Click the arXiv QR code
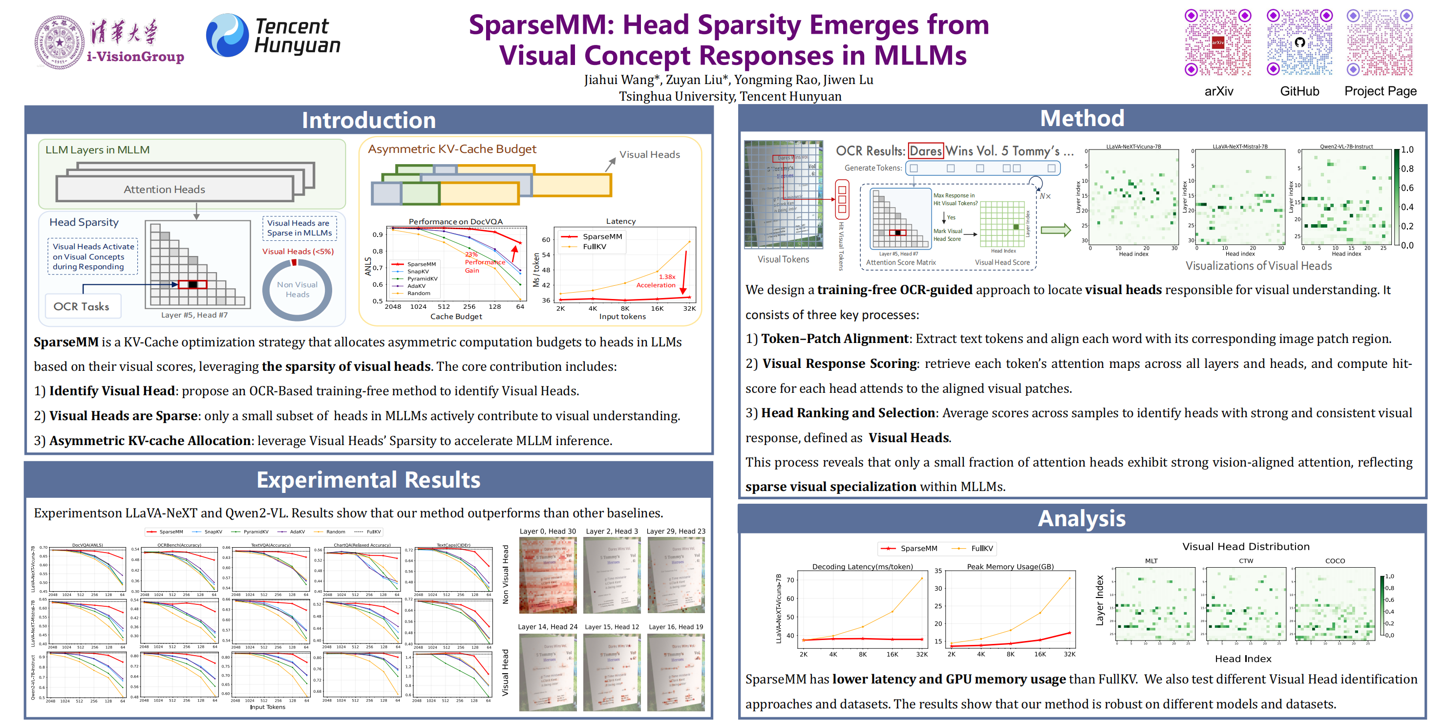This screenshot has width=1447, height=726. click(1217, 43)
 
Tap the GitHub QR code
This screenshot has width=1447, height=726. click(1299, 43)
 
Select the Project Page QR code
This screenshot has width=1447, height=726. click(1380, 43)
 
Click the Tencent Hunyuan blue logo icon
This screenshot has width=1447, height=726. click(227, 35)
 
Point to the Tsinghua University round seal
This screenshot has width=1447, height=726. click(60, 43)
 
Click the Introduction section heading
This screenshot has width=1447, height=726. click(368, 120)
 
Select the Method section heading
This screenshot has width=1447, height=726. click(1082, 119)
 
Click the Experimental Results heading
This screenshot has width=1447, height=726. click(368, 480)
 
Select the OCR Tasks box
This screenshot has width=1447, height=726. click(82, 306)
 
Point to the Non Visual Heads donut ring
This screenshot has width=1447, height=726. click(297, 290)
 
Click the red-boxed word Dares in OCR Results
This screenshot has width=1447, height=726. click(925, 150)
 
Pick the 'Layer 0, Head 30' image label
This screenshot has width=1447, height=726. click(547, 531)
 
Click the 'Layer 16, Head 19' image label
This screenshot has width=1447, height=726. click(676, 626)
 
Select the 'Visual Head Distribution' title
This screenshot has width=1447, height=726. click(1245, 546)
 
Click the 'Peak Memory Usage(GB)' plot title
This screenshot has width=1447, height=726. click(1010, 566)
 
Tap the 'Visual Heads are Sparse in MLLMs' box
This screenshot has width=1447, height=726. click(299, 228)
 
